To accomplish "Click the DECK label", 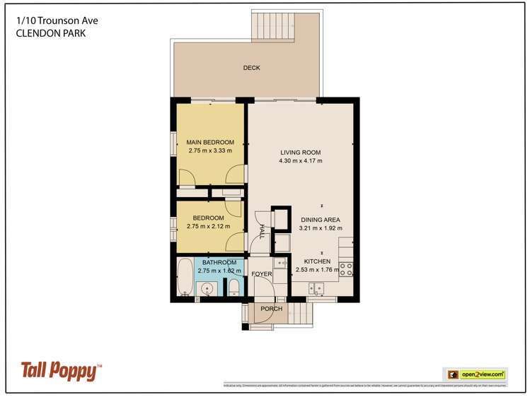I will pyautogui.click(x=251, y=69).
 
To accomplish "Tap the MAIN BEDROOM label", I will pyautogui.click(x=210, y=142).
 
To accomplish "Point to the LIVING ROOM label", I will pyautogui.click(x=300, y=152).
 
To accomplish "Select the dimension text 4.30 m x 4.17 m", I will pyautogui.click(x=300, y=161).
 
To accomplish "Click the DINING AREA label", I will pyautogui.click(x=321, y=220).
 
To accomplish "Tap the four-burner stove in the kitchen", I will pyautogui.click(x=347, y=268).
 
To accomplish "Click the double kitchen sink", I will pyautogui.click(x=316, y=288).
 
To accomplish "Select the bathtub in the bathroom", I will pyautogui.click(x=184, y=277).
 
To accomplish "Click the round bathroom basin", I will pyautogui.click(x=207, y=288).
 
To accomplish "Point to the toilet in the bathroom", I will pyautogui.click(x=233, y=287).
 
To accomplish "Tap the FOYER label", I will pyautogui.click(x=262, y=273).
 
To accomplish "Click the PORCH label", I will pyautogui.click(x=272, y=309).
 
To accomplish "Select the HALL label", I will pyautogui.click(x=261, y=232).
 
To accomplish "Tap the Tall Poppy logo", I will pyautogui.click(x=61, y=369).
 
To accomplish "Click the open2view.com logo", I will pyautogui.click(x=474, y=374).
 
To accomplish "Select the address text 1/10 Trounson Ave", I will pyautogui.click(x=57, y=21).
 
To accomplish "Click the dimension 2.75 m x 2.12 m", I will pyautogui.click(x=209, y=227).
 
